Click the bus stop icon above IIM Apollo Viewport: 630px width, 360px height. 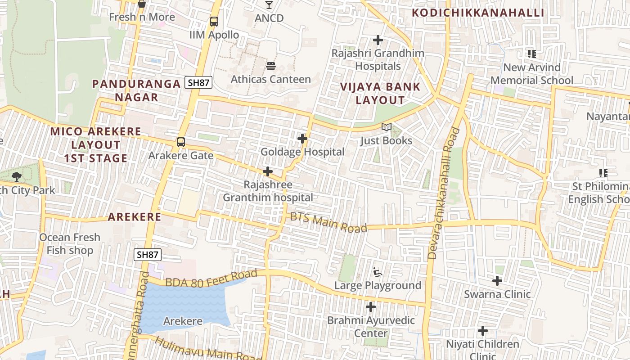pos(214,21)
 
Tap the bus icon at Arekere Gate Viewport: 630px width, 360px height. pos(181,142)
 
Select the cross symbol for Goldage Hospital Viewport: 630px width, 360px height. pos(302,139)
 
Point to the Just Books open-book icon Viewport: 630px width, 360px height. pos(387,127)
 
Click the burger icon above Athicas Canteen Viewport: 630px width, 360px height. pos(271,66)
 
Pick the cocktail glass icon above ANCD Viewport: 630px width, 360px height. pos(269,5)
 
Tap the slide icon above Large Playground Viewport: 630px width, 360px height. pos(378,272)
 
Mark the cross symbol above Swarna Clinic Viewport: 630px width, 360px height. pos(497,281)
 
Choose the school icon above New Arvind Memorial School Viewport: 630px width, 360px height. pos(532,54)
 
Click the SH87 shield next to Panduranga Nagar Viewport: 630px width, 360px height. pos(198,83)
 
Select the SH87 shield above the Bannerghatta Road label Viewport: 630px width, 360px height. pos(148,255)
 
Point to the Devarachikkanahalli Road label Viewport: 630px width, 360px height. pos(444,193)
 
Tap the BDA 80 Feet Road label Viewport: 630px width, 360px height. pos(211,278)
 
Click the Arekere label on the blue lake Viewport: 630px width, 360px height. pos(183,321)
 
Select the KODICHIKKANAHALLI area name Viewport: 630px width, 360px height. pos(478,13)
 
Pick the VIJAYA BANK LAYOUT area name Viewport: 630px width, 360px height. pos(380,94)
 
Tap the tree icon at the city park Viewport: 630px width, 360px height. pos(17,176)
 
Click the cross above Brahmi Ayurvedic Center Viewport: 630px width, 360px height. pos(370,307)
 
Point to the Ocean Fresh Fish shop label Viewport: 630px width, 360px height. pos(70,244)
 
